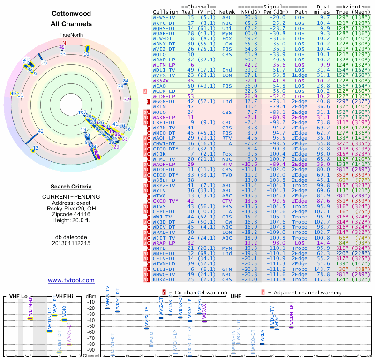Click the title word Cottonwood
pyautogui.click(x=71, y=15)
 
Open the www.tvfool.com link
pyautogui.click(x=71, y=280)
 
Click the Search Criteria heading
pyautogui.click(x=71, y=187)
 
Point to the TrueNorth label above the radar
pyautogui.click(x=71, y=35)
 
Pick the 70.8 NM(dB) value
pyautogui.click(x=250, y=17)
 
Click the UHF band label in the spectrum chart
pyautogui.click(x=236, y=296)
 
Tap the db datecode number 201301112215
pyautogui.click(x=71, y=243)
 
